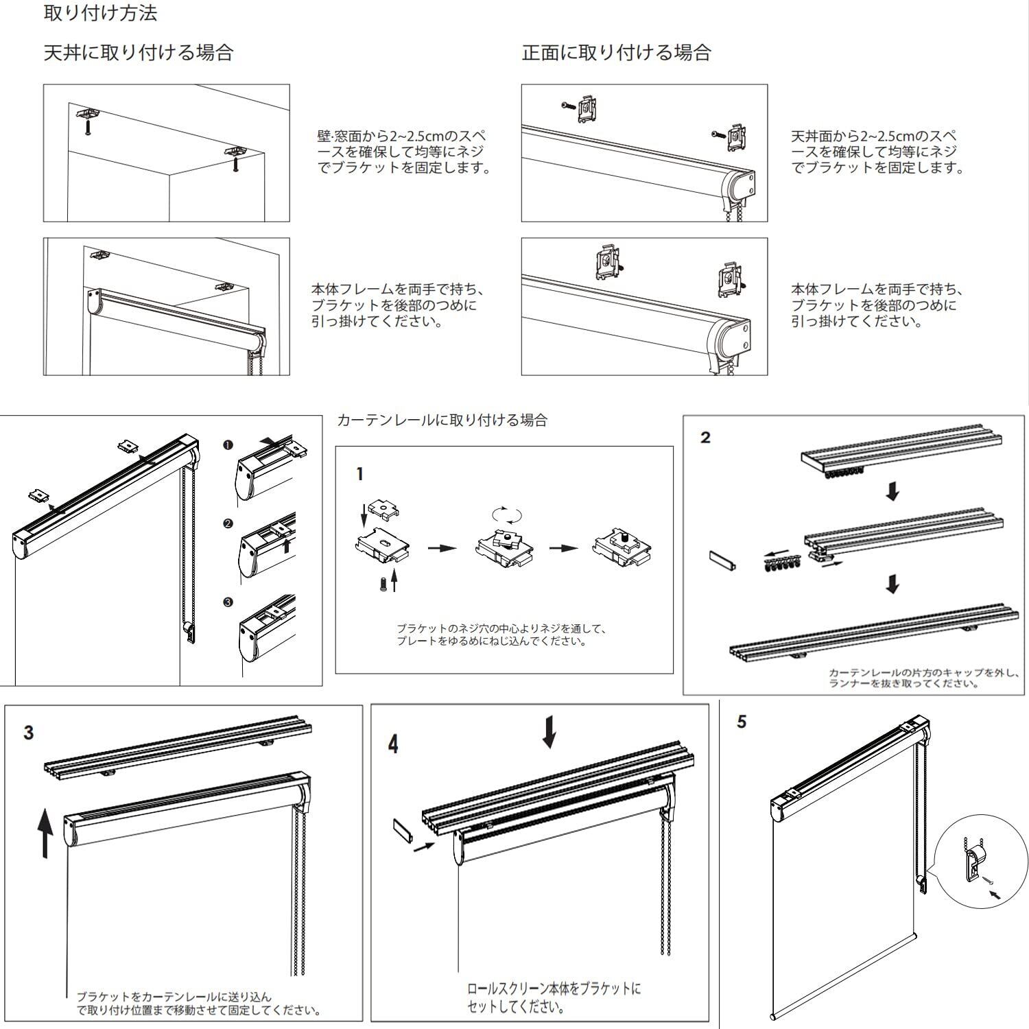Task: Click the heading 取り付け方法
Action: (x=100, y=13)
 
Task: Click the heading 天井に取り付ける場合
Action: (x=139, y=53)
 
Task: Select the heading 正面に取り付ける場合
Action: (x=616, y=53)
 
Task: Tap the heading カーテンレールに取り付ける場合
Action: (x=442, y=420)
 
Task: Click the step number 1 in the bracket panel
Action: (x=360, y=474)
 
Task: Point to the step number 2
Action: (x=706, y=438)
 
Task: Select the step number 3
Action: (x=28, y=733)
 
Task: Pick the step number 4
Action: (x=393, y=744)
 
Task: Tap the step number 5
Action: (x=742, y=722)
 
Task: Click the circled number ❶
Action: (x=228, y=445)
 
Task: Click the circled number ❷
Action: (x=228, y=524)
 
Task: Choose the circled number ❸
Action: (x=228, y=602)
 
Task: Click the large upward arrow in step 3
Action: (x=45, y=833)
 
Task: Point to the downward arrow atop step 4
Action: (x=549, y=732)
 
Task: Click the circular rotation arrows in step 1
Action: (x=508, y=514)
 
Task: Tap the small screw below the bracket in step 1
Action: (x=383, y=584)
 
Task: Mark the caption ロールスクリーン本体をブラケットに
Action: (x=554, y=989)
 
